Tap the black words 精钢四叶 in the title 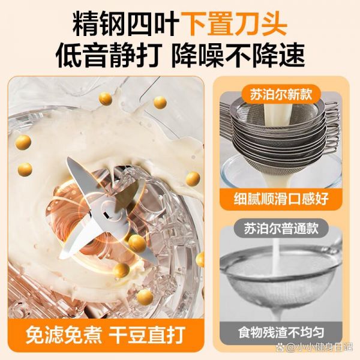click(126, 23)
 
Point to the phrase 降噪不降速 click(238, 55)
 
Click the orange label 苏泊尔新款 click(281, 94)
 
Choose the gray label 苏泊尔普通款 click(281, 228)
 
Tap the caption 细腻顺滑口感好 click(281, 199)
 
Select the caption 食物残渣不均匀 click(281, 332)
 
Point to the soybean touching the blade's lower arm click(137, 243)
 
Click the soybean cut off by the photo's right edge click(200, 259)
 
